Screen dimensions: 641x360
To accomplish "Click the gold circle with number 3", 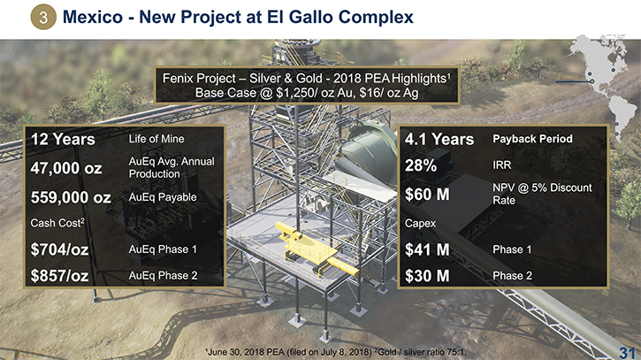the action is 43,17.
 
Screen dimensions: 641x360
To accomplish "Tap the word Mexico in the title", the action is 93,17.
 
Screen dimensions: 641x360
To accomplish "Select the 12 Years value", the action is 63,139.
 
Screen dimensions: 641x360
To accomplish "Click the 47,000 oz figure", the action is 66,168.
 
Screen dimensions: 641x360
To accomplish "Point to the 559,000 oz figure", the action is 71,197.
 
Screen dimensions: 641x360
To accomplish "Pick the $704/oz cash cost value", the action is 60,249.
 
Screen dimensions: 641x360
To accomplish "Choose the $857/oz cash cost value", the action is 60,275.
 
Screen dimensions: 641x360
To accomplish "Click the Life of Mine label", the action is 156,139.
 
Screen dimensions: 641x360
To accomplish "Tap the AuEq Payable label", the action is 163,197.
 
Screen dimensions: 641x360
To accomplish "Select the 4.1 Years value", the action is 439,139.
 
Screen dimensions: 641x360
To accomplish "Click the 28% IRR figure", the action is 421,165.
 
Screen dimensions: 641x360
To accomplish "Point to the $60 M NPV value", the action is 427,194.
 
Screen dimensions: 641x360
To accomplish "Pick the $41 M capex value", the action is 427,249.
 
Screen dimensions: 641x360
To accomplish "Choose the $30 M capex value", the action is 427,276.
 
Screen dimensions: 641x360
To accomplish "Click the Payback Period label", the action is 532,139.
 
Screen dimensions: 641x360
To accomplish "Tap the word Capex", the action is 420,224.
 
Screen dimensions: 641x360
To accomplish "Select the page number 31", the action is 627,352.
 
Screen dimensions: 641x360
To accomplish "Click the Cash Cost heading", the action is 57,223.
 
